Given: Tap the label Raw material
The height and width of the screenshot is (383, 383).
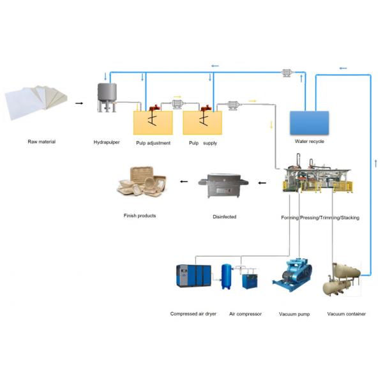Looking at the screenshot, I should click(41, 141).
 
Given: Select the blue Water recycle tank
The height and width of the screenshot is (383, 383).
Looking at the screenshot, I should click(310, 122).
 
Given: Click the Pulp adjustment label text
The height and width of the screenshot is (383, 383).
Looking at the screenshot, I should click(153, 143).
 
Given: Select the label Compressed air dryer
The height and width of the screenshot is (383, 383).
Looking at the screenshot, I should click(195, 314).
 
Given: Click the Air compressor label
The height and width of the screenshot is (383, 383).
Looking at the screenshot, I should click(245, 314).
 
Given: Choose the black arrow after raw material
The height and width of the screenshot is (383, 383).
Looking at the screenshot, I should click(79, 102).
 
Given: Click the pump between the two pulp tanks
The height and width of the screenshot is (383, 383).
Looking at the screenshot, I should click(177, 104).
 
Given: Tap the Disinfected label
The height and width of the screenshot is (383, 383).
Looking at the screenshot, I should click(224, 217).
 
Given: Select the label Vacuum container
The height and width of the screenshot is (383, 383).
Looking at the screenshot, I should click(347, 314).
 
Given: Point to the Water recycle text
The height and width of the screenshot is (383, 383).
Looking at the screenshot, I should click(309, 141).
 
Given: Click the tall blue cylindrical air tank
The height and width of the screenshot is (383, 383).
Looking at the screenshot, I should click(226, 276).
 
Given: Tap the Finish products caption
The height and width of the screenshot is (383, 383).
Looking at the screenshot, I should click(140, 216).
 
